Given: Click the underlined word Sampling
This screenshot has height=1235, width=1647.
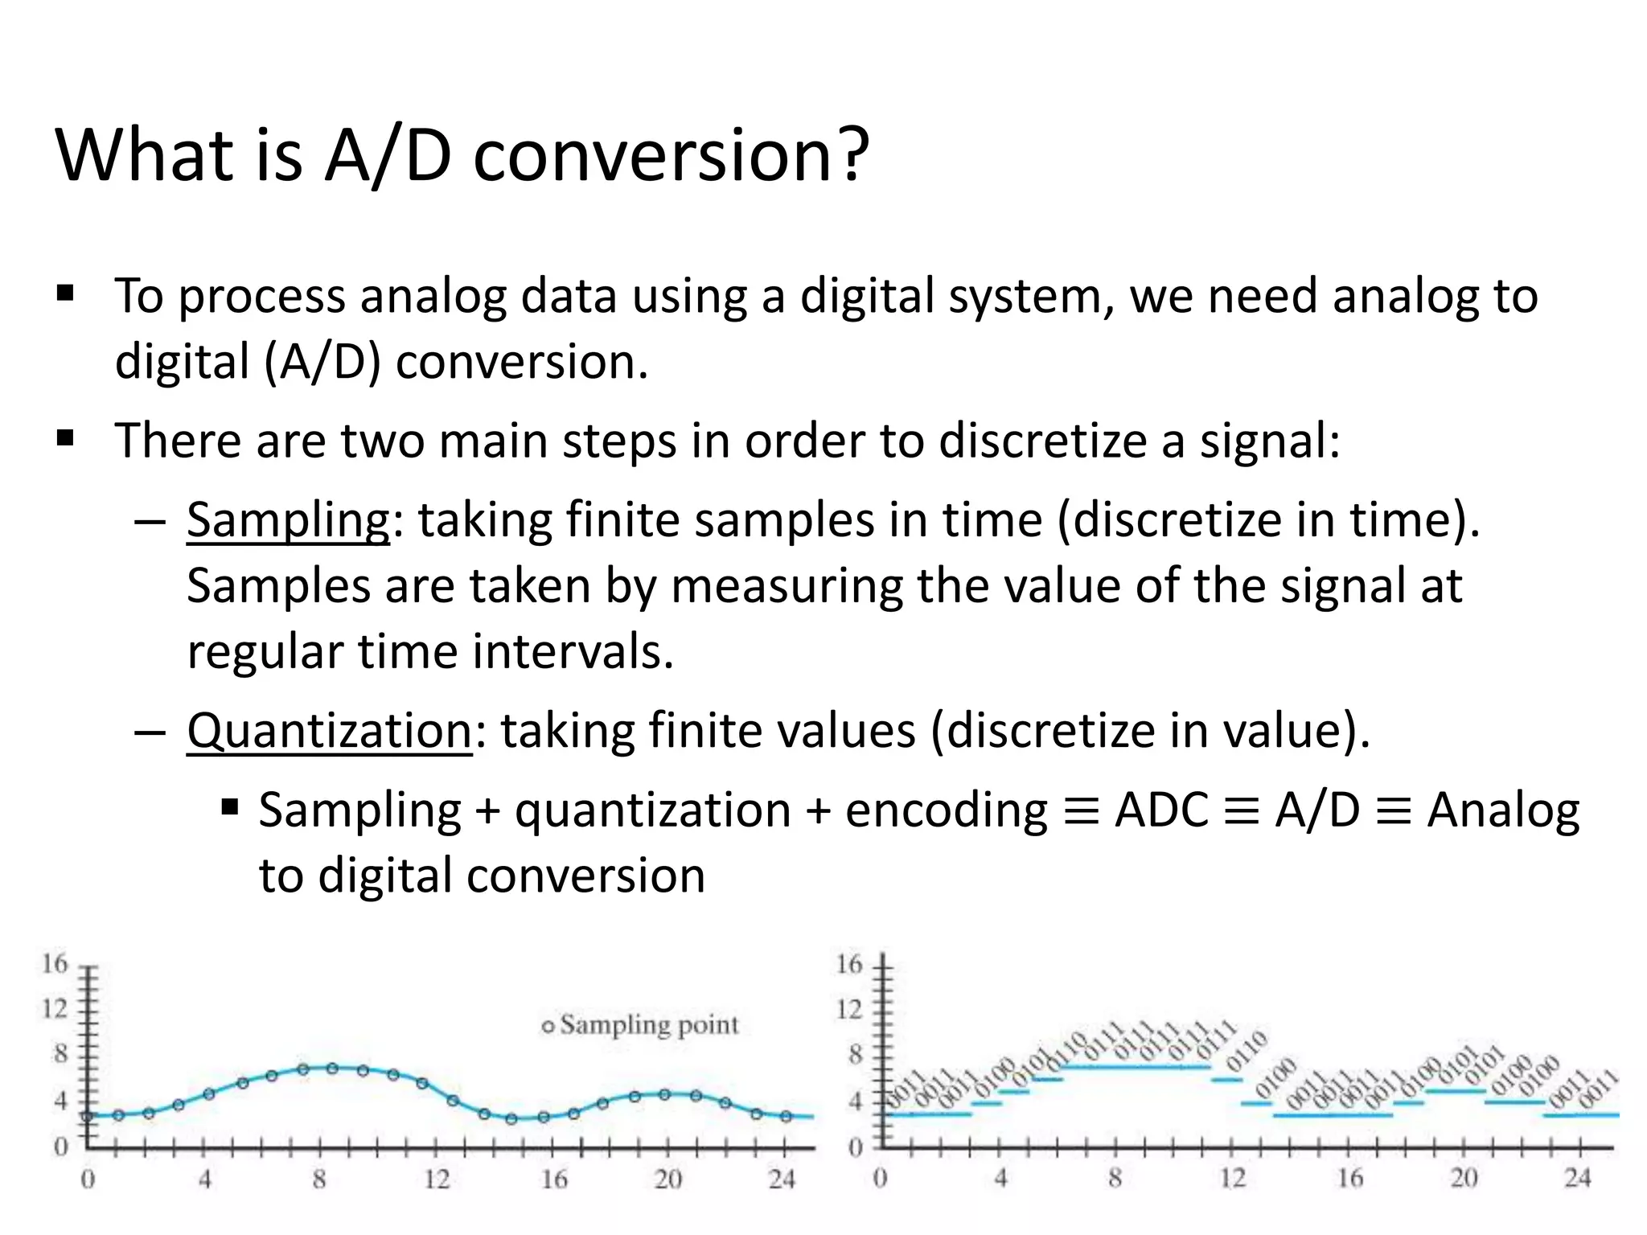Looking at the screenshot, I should pos(288,520).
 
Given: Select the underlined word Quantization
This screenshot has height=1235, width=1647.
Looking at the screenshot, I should pos(329,731).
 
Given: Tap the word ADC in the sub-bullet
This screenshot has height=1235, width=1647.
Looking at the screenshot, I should pos(1161,810).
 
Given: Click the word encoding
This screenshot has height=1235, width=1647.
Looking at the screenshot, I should pos(946,811).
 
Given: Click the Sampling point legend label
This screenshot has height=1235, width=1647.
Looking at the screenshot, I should pos(648,1025).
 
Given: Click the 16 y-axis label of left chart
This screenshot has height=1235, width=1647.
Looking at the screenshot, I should pos(55,963).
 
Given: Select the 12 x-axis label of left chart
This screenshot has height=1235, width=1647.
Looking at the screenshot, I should pos(437,1180).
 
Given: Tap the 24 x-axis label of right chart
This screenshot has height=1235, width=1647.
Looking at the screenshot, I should pos(1577,1179).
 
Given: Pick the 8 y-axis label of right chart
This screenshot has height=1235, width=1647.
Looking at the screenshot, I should pos(855,1054).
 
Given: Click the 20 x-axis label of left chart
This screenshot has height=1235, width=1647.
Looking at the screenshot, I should pos(667,1180).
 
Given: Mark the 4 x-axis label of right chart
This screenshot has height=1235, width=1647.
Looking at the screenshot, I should pos(1000,1179).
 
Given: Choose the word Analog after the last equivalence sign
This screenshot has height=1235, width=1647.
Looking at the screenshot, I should pos(1502,810).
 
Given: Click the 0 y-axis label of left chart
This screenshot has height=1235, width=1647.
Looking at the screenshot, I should pos(60,1146).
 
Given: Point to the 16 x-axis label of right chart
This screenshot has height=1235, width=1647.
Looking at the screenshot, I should pos(1349,1179).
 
